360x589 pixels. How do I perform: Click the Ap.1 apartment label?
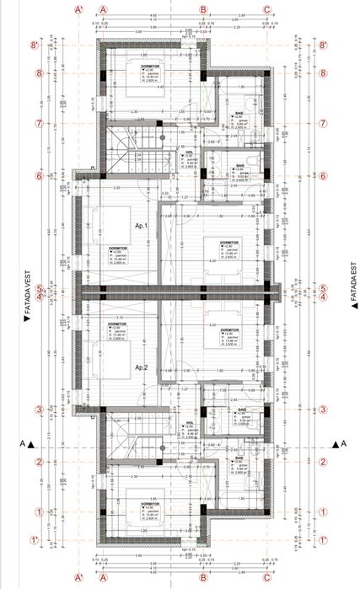140,227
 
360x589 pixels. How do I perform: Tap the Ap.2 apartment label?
140,367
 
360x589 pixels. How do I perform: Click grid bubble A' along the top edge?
78,10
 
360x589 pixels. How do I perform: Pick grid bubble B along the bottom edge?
203,580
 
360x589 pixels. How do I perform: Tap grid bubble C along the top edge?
267,10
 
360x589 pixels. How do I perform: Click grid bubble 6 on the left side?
38,177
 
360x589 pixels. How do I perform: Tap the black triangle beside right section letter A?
335,443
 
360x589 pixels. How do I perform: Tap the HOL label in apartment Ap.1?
190,152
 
